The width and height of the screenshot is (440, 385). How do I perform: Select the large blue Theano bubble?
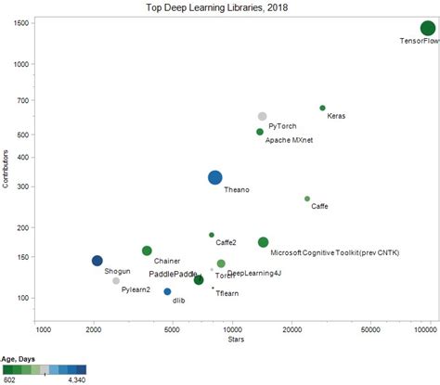click(215, 177)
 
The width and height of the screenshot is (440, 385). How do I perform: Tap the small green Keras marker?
click(322, 108)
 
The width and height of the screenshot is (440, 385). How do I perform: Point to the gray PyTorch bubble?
click(263, 116)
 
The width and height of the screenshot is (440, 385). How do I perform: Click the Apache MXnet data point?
click(260, 132)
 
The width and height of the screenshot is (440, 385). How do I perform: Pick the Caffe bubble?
click(307, 199)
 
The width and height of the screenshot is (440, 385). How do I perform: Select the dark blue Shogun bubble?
click(97, 261)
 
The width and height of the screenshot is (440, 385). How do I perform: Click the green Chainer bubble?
click(147, 250)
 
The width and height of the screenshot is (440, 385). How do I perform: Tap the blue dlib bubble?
click(167, 291)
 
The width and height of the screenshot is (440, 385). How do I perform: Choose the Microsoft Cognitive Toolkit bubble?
click(263, 242)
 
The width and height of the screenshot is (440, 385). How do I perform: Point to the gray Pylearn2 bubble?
click(116, 280)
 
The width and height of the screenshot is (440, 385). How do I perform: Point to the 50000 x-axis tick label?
click(370, 329)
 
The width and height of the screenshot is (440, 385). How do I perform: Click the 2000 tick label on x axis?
click(94, 329)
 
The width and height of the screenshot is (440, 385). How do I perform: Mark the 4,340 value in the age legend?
click(76, 379)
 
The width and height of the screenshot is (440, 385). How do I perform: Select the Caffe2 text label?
click(226, 242)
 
